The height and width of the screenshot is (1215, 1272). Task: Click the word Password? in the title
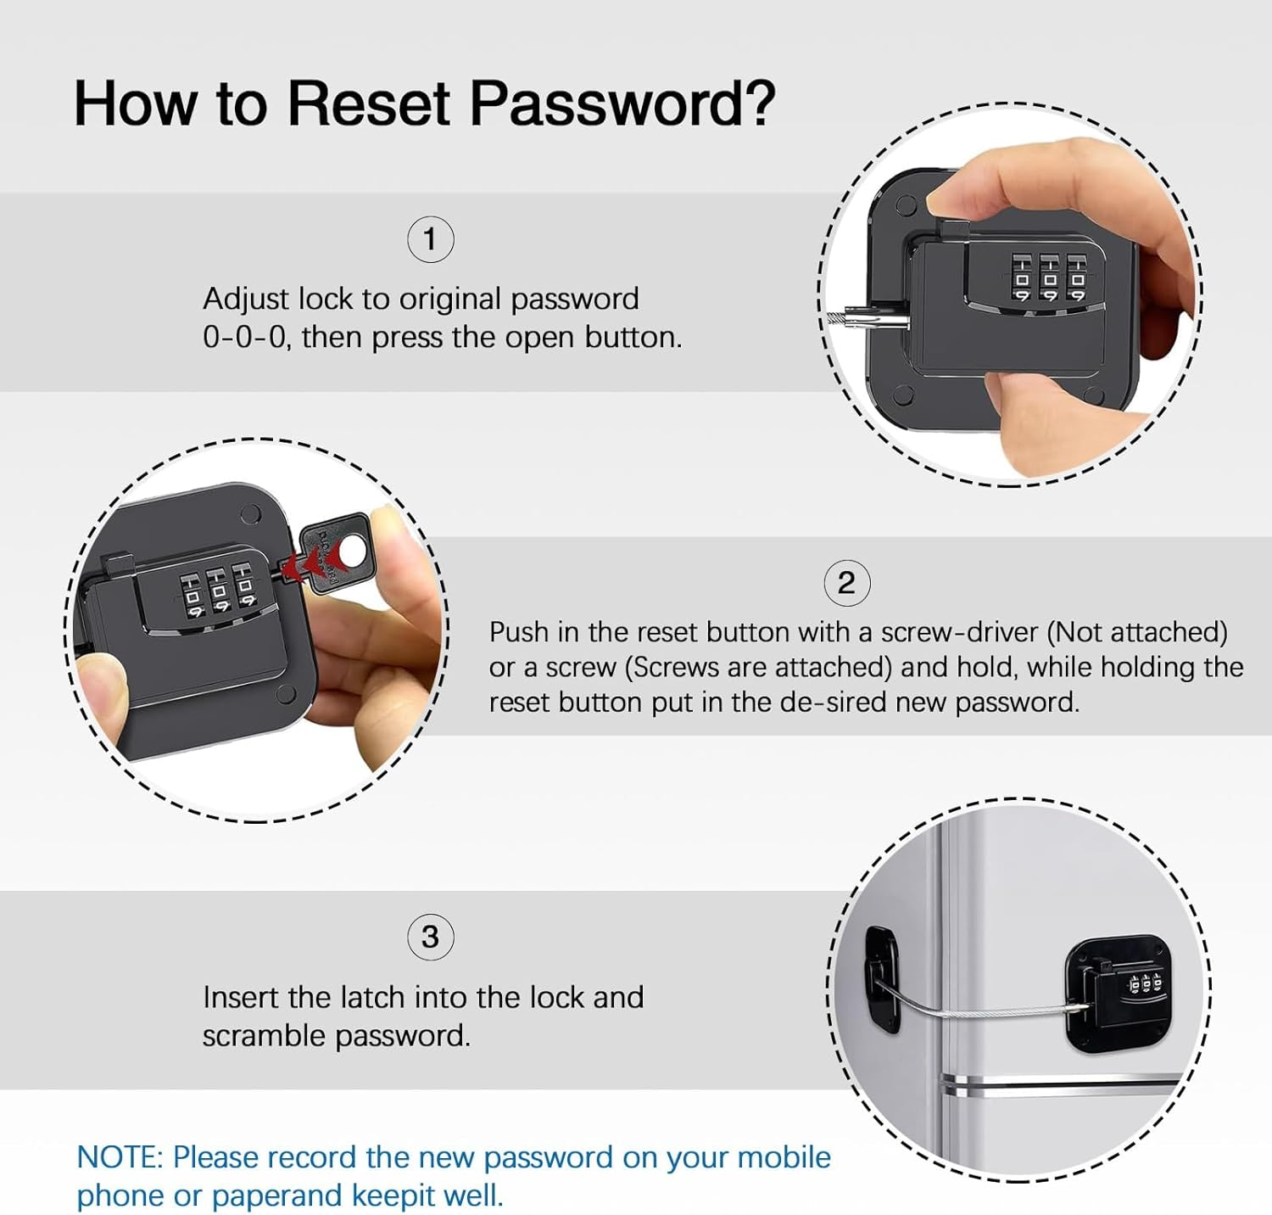[622, 104]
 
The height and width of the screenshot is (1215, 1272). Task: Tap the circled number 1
[430, 240]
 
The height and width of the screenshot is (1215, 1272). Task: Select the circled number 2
[846, 584]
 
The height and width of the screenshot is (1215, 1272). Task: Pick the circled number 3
[430, 938]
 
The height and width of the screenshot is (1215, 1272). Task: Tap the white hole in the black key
[350, 553]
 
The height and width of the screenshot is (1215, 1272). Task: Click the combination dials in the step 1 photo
[1049, 278]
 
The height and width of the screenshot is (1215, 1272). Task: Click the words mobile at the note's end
[784, 1157]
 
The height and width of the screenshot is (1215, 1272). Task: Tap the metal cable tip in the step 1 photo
[856, 319]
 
